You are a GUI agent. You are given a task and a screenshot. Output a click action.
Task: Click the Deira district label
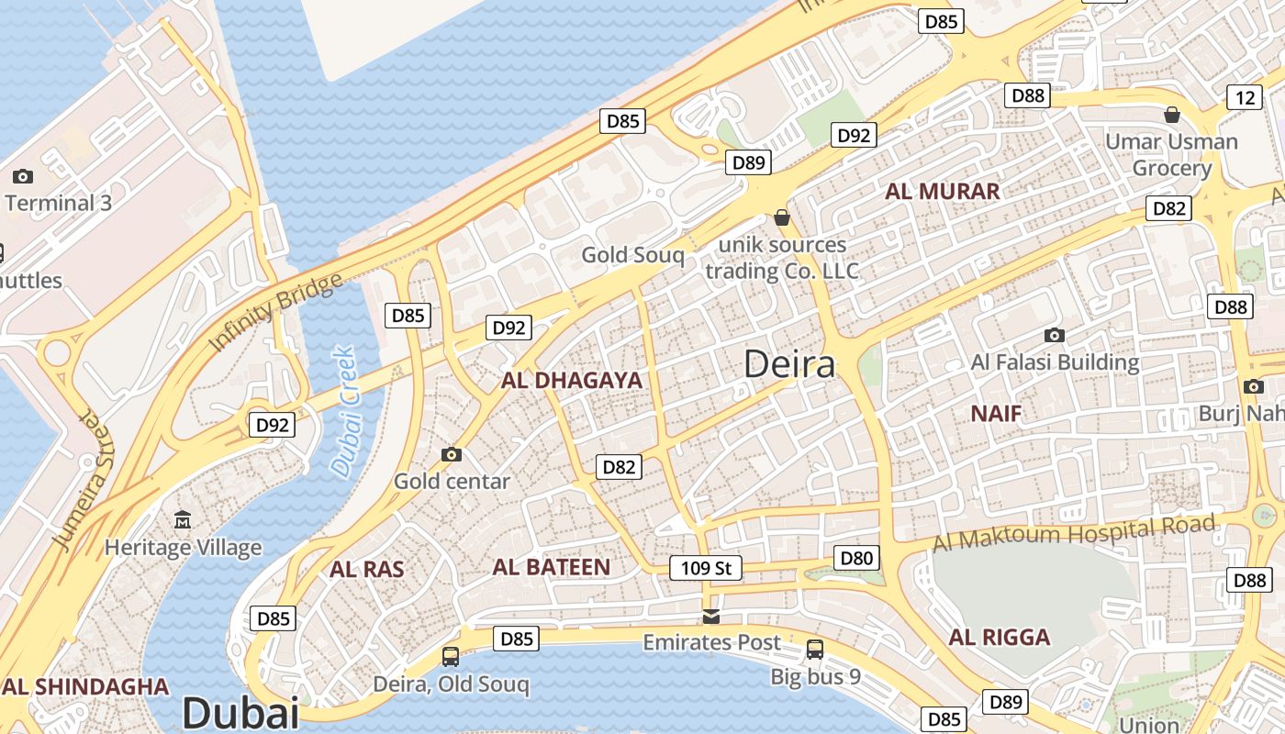[x=789, y=364]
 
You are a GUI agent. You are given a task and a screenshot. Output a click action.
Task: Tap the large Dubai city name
[x=240, y=713]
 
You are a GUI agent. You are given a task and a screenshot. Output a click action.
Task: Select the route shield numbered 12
[x=1245, y=97]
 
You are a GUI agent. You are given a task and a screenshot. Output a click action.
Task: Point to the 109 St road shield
[x=705, y=568]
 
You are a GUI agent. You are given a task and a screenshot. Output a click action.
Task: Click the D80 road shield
[x=857, y=558]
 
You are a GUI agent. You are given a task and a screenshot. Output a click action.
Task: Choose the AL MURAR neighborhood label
[x=942, y=192]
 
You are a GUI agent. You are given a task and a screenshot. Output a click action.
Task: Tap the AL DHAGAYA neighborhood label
[x=571, y=380]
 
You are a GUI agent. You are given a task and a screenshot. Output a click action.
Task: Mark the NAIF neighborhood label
[x=996, y=414]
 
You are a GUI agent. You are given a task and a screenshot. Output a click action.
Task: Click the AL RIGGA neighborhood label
[x=1000, y=638]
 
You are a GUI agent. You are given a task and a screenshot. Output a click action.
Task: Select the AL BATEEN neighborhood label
[x=551, y=567]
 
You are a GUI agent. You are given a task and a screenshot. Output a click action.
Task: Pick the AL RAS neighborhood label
[x=367, y=569]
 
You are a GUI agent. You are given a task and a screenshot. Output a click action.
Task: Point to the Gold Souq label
[x=632, y=255]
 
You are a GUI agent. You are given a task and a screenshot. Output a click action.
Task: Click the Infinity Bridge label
[x=275, y=312]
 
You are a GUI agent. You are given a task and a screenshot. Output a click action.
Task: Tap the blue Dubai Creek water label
[x=343, y=411]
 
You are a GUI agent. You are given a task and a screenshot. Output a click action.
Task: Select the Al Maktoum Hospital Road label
[x=1074, y=532]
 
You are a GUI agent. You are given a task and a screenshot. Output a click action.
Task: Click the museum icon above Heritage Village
[x=183, y=520]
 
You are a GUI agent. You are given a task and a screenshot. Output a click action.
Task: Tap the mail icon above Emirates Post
[x=711, y=616]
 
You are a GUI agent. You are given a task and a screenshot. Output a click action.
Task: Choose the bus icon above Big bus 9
[x=814, y=650]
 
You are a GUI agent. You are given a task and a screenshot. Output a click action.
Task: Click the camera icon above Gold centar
[x=451, y=454]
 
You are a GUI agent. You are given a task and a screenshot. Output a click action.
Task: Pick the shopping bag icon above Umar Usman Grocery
[x=1171, y=115]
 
